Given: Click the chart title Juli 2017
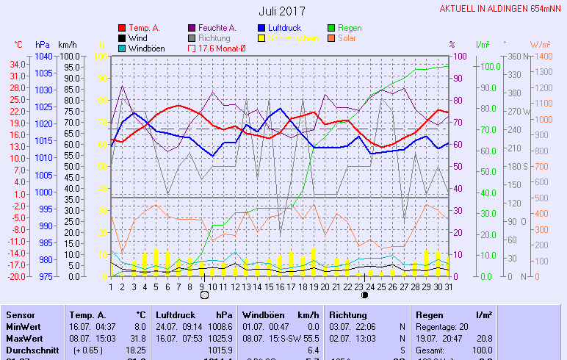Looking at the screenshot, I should [282, 11].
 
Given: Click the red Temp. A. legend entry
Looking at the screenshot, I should [143, 28].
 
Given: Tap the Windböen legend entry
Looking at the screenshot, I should [145, 48].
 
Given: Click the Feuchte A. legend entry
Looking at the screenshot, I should [219, 28].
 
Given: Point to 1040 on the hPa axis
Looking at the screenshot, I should [43, 57].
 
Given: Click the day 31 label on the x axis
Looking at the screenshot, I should [448, 287].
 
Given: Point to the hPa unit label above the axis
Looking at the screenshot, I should [42, 45].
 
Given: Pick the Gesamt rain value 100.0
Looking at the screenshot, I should [483, 350].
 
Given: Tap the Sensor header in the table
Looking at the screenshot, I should [21, 314].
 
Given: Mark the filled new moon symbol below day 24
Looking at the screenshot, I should [364, 295].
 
